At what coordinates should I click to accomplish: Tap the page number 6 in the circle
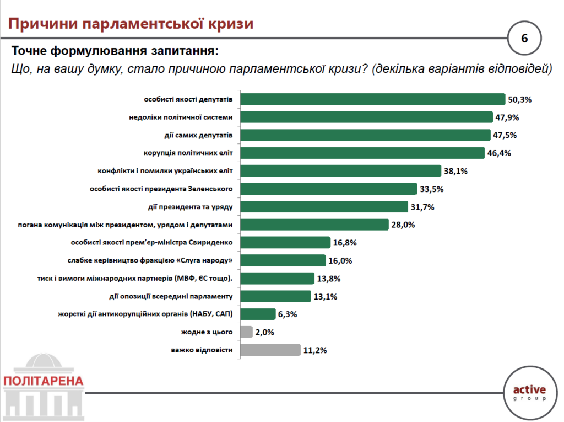tap(524, 39)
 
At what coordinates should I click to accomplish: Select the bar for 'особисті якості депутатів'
tap(373, 99)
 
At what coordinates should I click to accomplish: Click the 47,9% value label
tap(508, 117)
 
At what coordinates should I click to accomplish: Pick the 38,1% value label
tap(455, 171)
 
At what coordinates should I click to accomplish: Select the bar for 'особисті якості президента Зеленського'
tap(329, 189)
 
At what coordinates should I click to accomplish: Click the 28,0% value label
tap(403, 225)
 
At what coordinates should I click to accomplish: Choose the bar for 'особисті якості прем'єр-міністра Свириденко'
tap(285, 243)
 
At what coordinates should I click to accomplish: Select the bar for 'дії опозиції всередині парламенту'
tap(275, 296)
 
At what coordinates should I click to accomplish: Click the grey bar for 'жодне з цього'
tap(247, 332)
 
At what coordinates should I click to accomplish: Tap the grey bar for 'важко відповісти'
tap(270, 350)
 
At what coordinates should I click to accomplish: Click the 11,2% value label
tap(315, 350)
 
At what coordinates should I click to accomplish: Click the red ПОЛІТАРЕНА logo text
tap(44, 381)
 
